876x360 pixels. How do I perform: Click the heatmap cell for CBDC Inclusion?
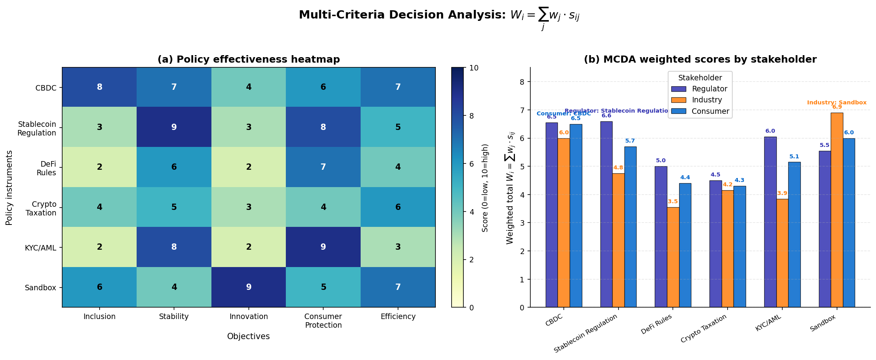99,87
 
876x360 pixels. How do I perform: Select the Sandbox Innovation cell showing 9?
248,287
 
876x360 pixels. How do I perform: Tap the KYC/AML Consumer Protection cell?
323,247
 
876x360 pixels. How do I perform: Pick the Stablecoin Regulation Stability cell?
174,127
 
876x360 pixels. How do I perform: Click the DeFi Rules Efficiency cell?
398,167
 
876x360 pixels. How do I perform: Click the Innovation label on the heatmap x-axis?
248,317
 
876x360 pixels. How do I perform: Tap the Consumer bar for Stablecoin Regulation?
630,227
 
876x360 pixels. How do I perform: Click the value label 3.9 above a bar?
782,193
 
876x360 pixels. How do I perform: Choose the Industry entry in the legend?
707,100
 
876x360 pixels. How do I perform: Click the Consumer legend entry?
710,111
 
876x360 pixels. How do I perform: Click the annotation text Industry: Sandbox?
837,103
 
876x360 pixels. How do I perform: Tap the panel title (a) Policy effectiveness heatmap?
248,59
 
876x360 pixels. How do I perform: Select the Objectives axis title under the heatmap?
248,336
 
